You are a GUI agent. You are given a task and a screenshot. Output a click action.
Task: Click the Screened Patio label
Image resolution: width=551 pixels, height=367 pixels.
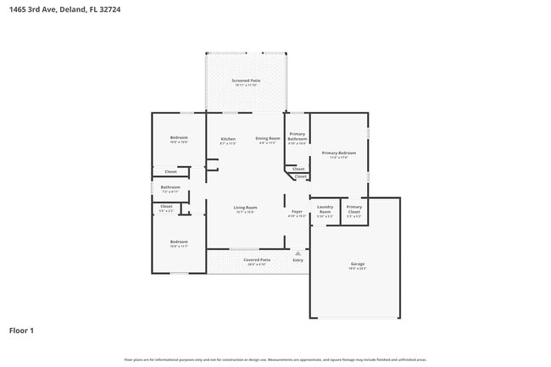246,81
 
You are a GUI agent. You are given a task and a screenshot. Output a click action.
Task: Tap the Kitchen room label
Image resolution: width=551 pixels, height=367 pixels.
228,139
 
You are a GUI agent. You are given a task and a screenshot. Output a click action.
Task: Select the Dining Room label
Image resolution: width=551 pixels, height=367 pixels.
268,139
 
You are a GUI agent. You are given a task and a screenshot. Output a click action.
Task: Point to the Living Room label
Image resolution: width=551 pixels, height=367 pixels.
246,208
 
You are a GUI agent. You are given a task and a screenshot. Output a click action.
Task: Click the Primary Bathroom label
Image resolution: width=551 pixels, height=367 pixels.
297,136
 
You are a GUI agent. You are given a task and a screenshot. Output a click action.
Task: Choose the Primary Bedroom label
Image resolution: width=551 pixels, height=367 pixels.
338,153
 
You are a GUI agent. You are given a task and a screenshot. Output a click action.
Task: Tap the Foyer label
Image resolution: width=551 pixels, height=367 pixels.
297,211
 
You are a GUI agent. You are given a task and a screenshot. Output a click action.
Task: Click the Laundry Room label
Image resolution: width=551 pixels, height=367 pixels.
325,209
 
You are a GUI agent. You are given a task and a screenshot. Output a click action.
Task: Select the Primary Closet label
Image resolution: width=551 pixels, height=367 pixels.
354,209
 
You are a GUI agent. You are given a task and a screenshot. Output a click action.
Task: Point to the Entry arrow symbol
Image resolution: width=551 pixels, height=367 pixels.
298,253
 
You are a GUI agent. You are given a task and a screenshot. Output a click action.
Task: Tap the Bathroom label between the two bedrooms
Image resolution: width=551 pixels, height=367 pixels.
170,187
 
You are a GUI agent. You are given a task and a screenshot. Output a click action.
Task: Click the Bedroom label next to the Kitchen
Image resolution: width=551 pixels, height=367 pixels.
179,138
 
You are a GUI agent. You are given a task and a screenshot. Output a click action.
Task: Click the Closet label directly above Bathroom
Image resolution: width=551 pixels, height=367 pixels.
170,172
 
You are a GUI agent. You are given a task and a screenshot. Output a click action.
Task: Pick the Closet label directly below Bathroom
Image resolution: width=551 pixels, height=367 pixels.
166,206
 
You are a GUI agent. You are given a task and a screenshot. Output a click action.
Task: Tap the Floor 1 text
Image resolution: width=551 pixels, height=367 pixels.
21,330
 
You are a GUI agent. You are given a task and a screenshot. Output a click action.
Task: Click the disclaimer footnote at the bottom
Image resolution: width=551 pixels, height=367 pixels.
275,359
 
